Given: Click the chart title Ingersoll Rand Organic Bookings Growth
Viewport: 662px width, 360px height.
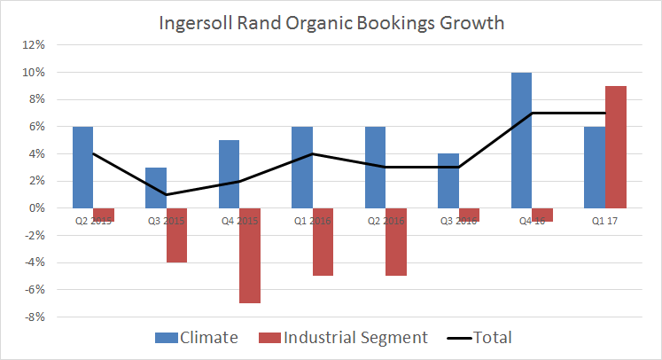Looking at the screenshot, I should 331,23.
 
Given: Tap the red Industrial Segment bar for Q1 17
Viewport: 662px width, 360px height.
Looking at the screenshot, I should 616,146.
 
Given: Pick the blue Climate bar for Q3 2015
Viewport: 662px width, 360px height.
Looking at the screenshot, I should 155,187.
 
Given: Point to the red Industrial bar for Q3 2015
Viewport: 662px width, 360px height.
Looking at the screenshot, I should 176,235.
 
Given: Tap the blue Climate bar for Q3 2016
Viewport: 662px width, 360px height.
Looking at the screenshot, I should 448,181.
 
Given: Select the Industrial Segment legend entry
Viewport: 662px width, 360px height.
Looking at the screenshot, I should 346,337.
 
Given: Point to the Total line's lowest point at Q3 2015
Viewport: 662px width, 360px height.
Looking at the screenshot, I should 166,194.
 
